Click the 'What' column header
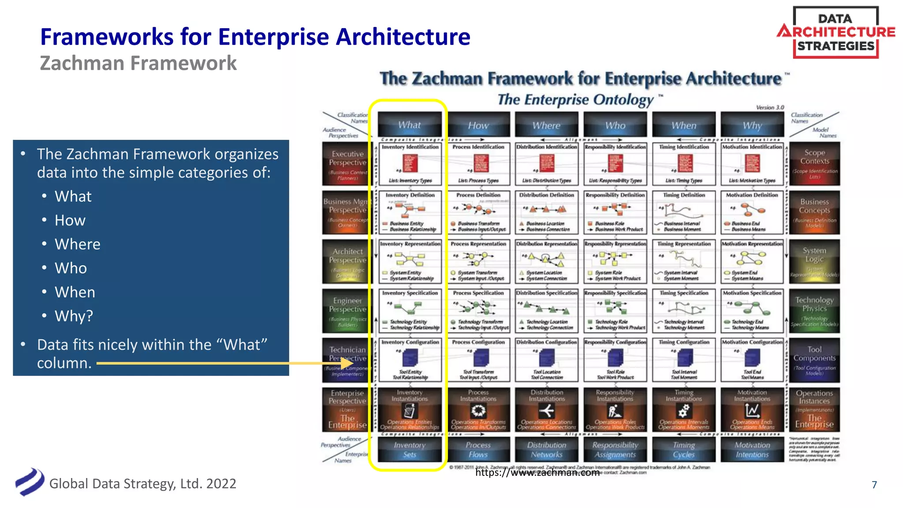click(x=410, y=125)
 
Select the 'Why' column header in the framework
click(x=752, y=125)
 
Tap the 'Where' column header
click(x=546, y=125)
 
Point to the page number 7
click(x=874, y=485)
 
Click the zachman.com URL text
click(x=537, y=473)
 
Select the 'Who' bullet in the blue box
click(x=71, y=268)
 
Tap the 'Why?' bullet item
click(x=74, y=316)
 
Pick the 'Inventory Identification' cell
click(x=410, y=164)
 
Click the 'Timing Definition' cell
click(x=684, y=212)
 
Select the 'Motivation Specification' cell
click(x=752, y=310)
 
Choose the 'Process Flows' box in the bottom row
click(x=478, y=449)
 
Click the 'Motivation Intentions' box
click(x=752, y=449)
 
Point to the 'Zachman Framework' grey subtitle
click(x=138, y=63)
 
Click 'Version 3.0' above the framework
click(x=770, y=107)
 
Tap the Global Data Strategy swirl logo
click(x=30, y=482)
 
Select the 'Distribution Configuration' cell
click(x=546, y=359)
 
